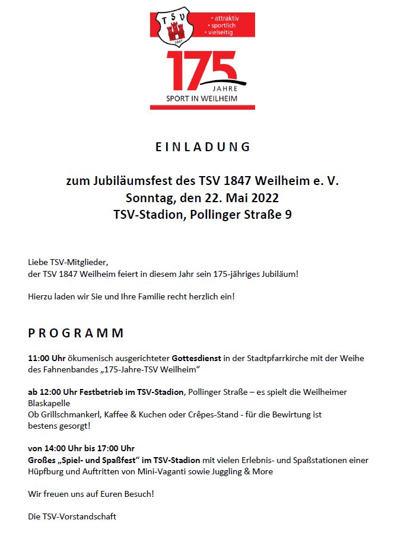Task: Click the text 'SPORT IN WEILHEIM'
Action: pyautogui.click(x=202, y=98)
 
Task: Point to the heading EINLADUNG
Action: pyautogui.click(x=203, y=147)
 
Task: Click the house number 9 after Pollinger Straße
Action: pyautogui.click(x=288, y=214)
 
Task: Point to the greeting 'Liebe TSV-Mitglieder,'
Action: pyautogui.click(x=69, y=262)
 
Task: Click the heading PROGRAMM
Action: pyautogui.click(x=76, y=333)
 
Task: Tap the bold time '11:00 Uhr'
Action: pyautogui.click(x=47, y=358)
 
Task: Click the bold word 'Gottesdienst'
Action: pyautogui.click(x=196, y=358)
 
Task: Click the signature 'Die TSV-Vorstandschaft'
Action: pyautogui.click(x=72, y=516)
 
